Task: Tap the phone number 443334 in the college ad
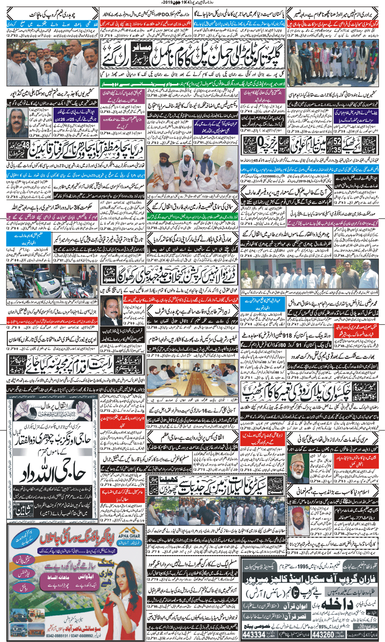254,634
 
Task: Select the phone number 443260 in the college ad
325,634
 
